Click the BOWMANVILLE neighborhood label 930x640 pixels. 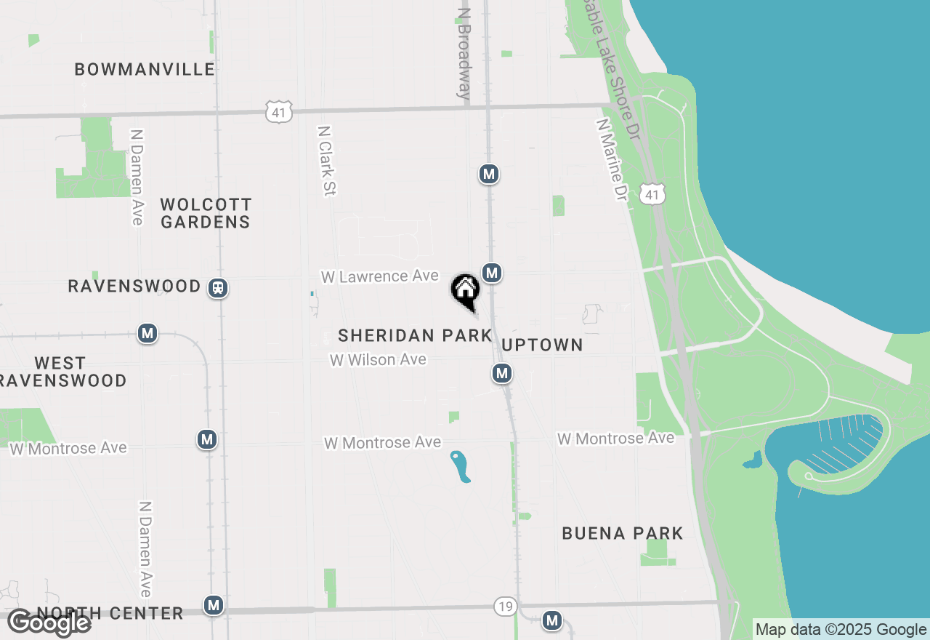(x=145, y=70)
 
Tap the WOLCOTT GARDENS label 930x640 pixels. (x=206, y=213)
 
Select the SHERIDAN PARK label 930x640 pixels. (x=415, y=335)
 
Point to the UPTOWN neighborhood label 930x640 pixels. (x=542, y=345)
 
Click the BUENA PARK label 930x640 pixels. (x=623, y=533)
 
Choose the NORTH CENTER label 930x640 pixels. (x=110, y=613)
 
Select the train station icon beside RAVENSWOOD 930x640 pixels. (x=217, y=287)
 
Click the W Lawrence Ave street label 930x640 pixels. (x=380, y=276)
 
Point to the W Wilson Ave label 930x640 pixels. (x=378, y=359)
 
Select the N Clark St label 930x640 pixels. (x=325, y=161)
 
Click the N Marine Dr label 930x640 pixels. (x=612, y=160)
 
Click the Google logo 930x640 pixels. (x=49, y=623)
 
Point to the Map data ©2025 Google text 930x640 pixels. (x=841, y=630)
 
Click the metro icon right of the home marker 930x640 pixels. (x=492, y=273)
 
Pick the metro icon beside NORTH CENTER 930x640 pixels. (x=213, y=605)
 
